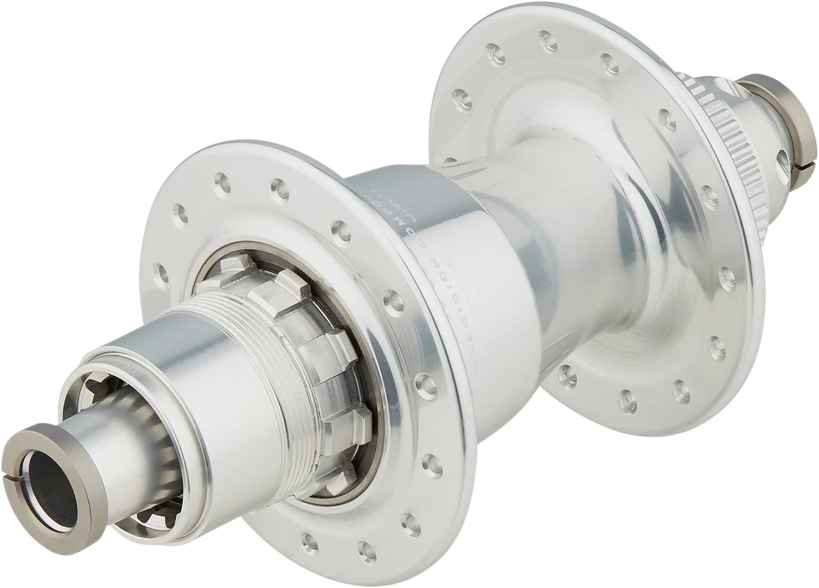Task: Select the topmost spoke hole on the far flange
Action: point(548,42)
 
